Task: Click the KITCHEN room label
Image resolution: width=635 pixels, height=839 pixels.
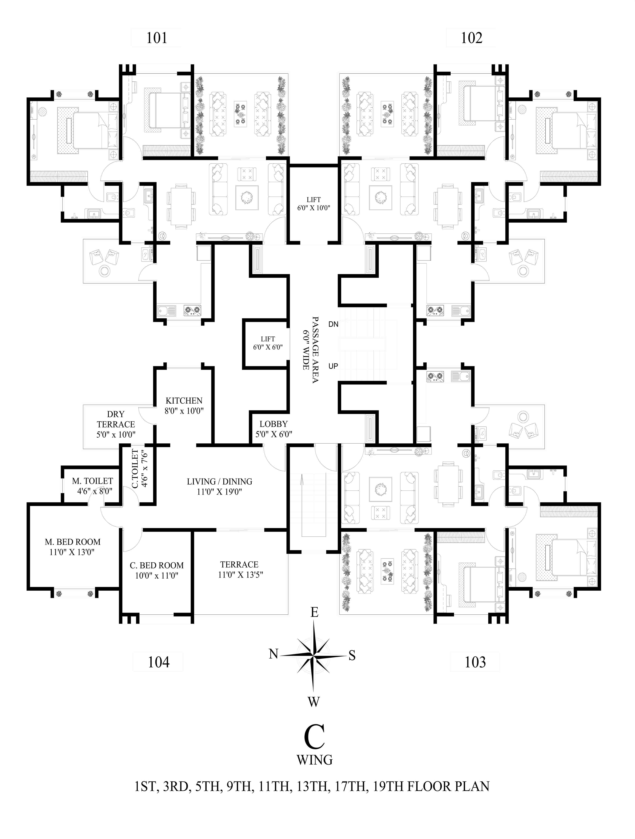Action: pos(184,401)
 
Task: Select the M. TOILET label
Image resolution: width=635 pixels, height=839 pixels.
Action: pos(92,481)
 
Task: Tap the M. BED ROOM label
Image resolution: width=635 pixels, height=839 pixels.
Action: pos(72,542)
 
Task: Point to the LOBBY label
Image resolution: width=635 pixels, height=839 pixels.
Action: pos(273,424)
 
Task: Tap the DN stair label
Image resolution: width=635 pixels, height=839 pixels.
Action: pos(333,324)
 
